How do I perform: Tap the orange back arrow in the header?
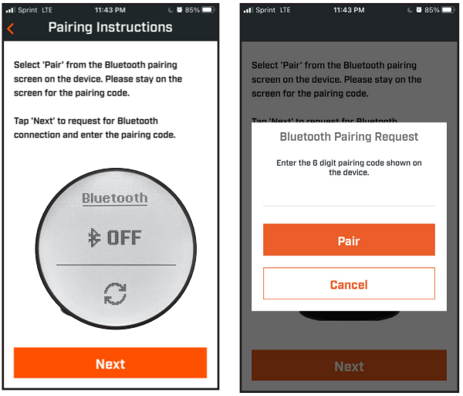point(10,29)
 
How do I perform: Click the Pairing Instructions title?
point(110,28)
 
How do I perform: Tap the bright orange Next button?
point(110,364)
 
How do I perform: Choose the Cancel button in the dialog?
point(349,284)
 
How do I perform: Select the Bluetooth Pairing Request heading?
point(349,137)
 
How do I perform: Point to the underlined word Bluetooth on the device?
point(115,198)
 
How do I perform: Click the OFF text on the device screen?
point(124,238)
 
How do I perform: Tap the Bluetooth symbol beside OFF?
point(94,238)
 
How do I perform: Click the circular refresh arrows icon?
point(115,292)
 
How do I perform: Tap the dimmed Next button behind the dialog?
point(349,367)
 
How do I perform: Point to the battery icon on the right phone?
point(448,10)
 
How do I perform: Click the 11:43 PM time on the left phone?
point(110,10)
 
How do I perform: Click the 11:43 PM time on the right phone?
point(349,10)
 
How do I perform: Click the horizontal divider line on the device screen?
point(115,265)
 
